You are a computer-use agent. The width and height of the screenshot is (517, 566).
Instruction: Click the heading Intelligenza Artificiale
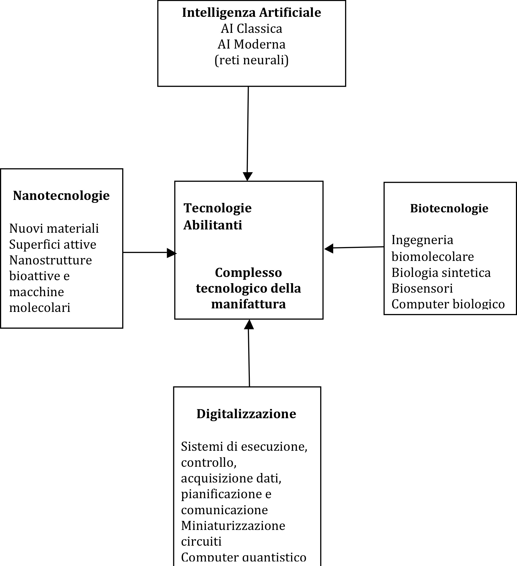(x=252, y=13)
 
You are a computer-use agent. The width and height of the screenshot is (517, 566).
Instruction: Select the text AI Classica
(x=252, y=29)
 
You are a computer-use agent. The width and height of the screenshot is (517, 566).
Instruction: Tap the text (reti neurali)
(x=252, y=60)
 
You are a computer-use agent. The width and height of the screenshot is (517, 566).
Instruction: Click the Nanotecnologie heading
(x=61, y=196)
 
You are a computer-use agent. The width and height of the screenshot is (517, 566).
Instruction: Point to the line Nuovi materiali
(x=54, y=229)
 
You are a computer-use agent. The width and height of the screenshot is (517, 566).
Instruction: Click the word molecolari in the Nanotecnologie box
(x=40, y=308)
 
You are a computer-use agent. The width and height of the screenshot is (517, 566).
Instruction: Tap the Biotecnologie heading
(x=449, y=208)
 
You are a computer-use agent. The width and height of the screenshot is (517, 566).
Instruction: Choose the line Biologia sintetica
(x=441, y=273)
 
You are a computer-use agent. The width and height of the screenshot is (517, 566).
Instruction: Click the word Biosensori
(x=422, y=288)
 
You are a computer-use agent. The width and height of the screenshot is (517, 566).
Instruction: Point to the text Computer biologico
(x=448, y=304)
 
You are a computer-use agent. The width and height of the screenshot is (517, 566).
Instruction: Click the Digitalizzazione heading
(x=246, y=414)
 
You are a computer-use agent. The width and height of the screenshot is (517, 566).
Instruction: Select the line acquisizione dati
(x=231, y=478)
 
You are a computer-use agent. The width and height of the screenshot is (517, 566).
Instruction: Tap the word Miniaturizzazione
(x=233, y=526)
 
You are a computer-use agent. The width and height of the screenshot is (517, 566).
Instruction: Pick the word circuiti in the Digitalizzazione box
(x=201, y=541)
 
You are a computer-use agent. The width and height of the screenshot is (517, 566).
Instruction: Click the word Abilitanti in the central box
(x=213, y=225)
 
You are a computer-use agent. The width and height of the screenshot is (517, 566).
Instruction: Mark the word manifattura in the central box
(x=248, y=304)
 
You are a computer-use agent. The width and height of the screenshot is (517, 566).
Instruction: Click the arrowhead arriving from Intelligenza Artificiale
(x=248, y=177)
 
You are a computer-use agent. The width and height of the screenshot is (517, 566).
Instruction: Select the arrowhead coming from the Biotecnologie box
(x=329, y=248)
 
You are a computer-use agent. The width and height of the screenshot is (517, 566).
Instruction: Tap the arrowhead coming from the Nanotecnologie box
(x=172, y=253)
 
